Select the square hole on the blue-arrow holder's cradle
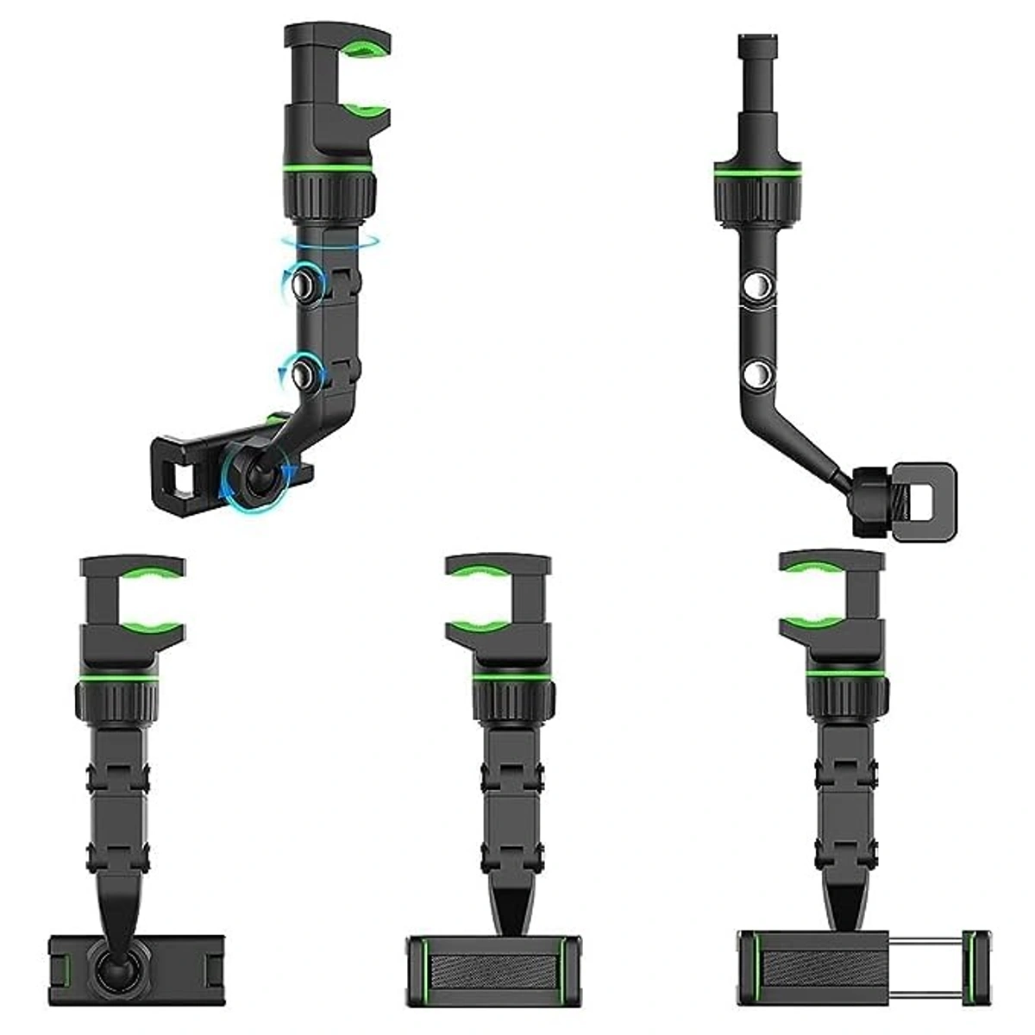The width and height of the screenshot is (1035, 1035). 182,473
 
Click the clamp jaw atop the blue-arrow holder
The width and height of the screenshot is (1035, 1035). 337,78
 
